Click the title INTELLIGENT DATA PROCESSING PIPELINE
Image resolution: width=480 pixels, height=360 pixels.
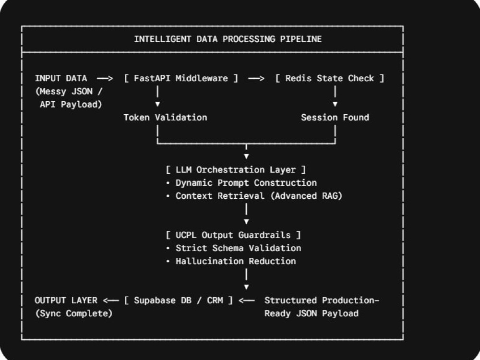pos(228,39)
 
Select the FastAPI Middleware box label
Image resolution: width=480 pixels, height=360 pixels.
pos(181,78)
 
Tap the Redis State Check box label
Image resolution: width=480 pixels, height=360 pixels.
pos(330,78)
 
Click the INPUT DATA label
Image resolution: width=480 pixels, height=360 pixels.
pos(61,78)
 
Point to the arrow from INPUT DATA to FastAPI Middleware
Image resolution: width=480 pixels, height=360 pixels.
pos(105,79)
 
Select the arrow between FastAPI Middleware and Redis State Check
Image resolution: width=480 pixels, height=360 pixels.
pos(256,79)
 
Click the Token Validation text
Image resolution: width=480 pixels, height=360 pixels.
pos(165,118)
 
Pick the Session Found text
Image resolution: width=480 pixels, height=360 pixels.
pos(335,118)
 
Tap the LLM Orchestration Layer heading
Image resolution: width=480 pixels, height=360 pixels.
pos(236,169)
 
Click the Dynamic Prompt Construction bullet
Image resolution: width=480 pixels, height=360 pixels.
pos(241,183)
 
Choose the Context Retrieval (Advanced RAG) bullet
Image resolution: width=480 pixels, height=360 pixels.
pos(254,196)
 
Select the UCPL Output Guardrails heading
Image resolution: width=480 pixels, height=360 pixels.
pos(233,235)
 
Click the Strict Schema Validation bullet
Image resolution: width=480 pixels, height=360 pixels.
pos(234,248)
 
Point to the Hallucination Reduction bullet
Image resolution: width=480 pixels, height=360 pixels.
pos(231,261)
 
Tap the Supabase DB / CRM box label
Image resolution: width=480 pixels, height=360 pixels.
pos(179,300)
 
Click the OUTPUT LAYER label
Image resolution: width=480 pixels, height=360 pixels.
pos(66,300)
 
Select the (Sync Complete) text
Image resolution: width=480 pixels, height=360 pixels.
pos(74,313)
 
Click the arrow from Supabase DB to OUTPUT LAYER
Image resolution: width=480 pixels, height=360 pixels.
pos(111,300)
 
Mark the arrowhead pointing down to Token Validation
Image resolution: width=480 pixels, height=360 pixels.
pos(157,104)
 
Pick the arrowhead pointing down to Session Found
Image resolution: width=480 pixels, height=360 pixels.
pos(335,104)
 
